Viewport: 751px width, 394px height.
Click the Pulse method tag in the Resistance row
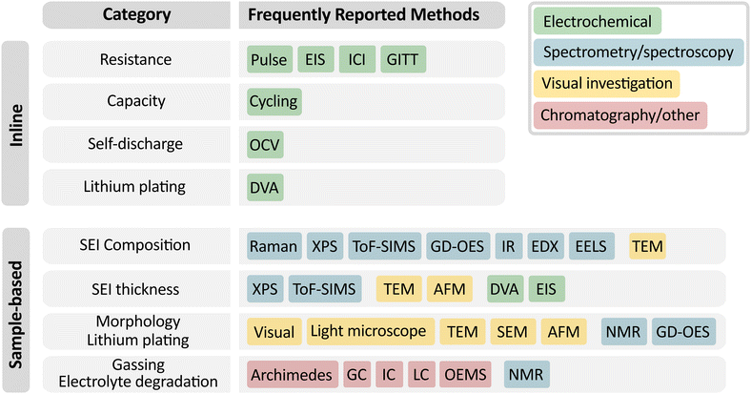point(269,60)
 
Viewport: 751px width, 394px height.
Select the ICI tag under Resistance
point(356,60)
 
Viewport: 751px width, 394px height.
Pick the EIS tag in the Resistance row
point(315,60)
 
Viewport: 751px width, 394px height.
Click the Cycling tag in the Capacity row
point(274,101)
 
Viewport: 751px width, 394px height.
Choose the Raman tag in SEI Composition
point(274,246)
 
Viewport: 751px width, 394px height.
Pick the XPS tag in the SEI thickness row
point(265,288)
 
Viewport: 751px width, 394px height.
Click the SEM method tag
point(513,332)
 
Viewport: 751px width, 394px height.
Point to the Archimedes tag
point(291,375)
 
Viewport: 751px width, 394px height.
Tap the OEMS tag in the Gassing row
point(468,375)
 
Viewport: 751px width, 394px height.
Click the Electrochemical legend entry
point(598,22)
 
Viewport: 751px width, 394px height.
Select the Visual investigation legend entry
point(608,84)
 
